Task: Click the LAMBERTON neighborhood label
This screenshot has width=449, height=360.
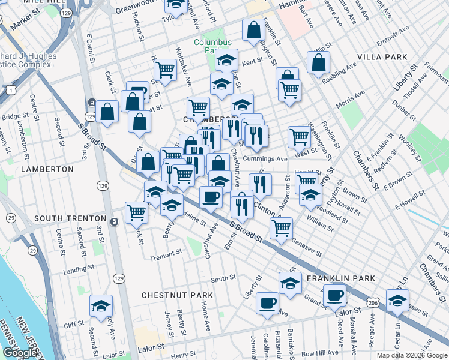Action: pyautogui.click(x=47, y=170)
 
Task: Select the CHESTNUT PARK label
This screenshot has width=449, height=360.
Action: pyautogui.click(x=177, y=295)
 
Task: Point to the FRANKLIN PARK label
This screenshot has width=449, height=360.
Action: pyautogui.click(x=340, y=278)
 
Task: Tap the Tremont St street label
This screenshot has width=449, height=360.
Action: pyautogui.click(x=161, y=257)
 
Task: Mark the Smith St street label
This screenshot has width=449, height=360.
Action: pyautogui.click(x=223, y=278)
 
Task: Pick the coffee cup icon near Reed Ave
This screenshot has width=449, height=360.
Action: pyautogui.click(x=334, y=294)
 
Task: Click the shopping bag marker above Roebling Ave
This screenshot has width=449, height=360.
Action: pyautogui.click(x=318, y=61)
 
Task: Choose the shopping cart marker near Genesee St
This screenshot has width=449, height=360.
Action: pyautogui.click(x=281, y=227)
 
